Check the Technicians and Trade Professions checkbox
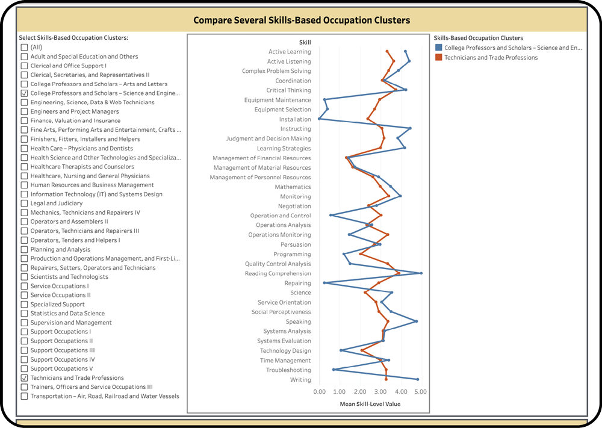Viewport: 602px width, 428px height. (24, 378)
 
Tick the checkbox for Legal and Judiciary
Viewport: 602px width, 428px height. (24, 203)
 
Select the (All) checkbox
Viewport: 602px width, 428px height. (24, 48)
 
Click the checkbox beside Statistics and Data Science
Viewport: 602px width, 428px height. (24, 314)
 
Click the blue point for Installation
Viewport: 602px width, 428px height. (319, 119)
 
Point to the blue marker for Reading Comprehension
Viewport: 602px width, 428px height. (421, 273)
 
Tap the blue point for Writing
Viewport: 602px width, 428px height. (417, 379)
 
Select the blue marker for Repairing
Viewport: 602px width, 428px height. (324, 283)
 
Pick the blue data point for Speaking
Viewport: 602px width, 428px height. (416, 321)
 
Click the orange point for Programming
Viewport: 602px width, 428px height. (360, 254)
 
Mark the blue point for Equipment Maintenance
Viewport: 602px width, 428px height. (324, 100)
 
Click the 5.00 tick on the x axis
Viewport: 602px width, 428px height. (421, 392)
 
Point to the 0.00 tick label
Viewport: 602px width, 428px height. (319, 392)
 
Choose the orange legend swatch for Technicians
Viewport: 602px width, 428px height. (438, 58)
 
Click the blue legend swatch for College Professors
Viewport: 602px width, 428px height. (438, 48)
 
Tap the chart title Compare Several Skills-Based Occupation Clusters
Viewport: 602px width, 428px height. (301, 20)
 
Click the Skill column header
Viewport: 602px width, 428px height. (305, 42)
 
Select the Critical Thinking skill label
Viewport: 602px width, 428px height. (288, 90)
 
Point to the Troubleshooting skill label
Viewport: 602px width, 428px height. (288, 370)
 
